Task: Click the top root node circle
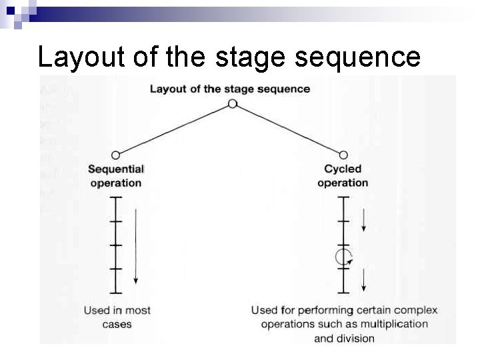click(x=232, y=103)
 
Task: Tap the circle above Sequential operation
click(x=116, y=155)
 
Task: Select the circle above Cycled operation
click(x=343, y=155)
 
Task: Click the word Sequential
click(x=116, y=169)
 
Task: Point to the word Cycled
click(x=343, y=169)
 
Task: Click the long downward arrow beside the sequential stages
click(x=136, y=246)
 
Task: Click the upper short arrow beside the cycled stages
click(x=363, y=220)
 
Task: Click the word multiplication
click(x=395, y=324)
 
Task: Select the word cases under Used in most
click(x=117, y=325)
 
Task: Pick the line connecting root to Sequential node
click(x=173, y=129)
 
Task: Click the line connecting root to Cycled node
click(x=288, y=129)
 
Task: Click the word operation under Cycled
click(x=343, y=183)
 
